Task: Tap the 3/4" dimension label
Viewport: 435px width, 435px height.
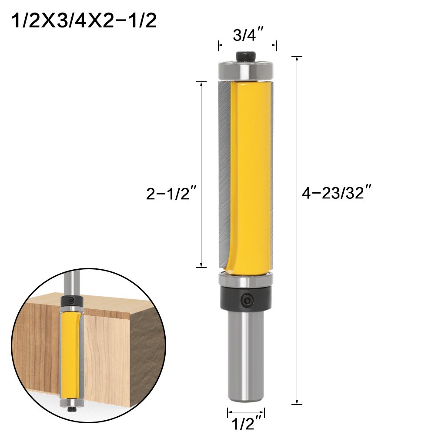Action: tap(247, 35)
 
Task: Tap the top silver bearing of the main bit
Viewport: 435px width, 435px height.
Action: tap(245, 70)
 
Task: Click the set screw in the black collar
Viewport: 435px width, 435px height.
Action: tap(247, 299)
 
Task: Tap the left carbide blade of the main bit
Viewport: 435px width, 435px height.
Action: tap(222, 174)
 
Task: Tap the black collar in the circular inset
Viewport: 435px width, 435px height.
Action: tap(71, 301)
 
